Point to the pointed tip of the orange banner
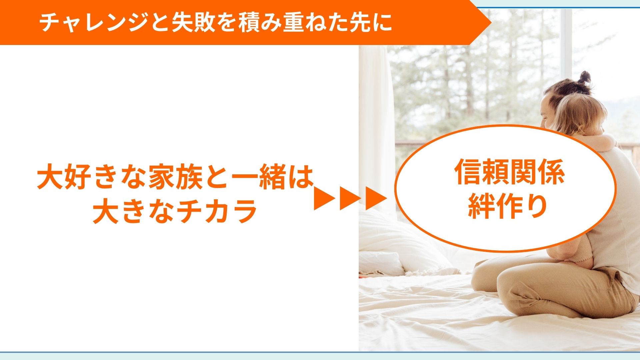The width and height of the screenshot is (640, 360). (491, 22)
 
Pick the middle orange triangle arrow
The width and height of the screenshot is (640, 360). (350, 199)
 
